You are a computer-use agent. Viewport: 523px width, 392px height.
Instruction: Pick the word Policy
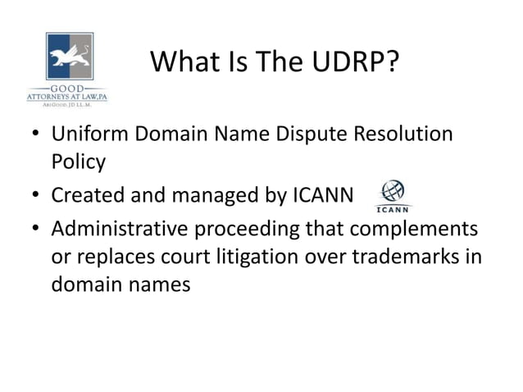(x=79, y=162)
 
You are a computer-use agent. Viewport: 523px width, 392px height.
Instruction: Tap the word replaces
(x=114, y=257)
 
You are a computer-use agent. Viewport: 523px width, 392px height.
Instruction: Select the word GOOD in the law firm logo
(x=68, y=89)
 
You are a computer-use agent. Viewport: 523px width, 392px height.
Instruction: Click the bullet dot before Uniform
(x=35, y=134)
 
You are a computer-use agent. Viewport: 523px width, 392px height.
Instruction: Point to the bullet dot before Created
(x=35, y=197)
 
